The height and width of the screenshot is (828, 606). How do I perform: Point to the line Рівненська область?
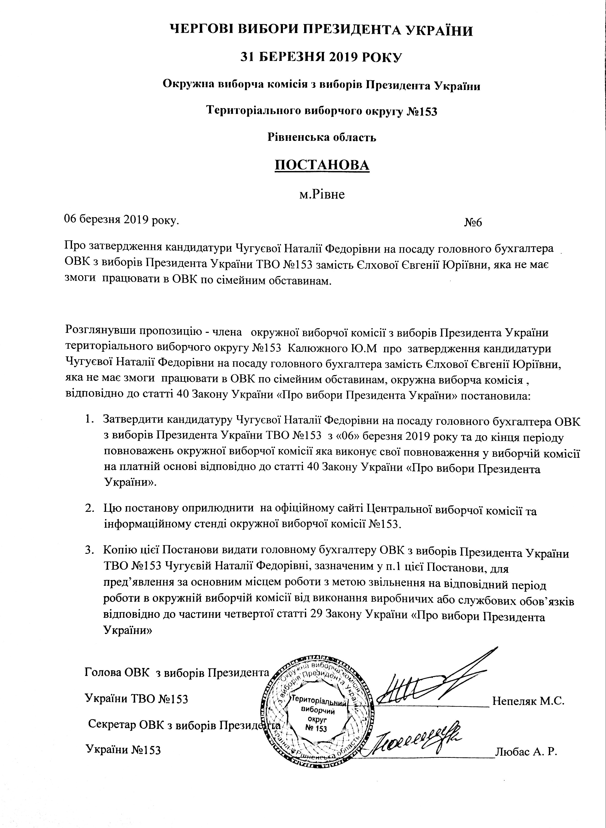(322, 137)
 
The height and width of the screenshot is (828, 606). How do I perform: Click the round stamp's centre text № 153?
(316, 728)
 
